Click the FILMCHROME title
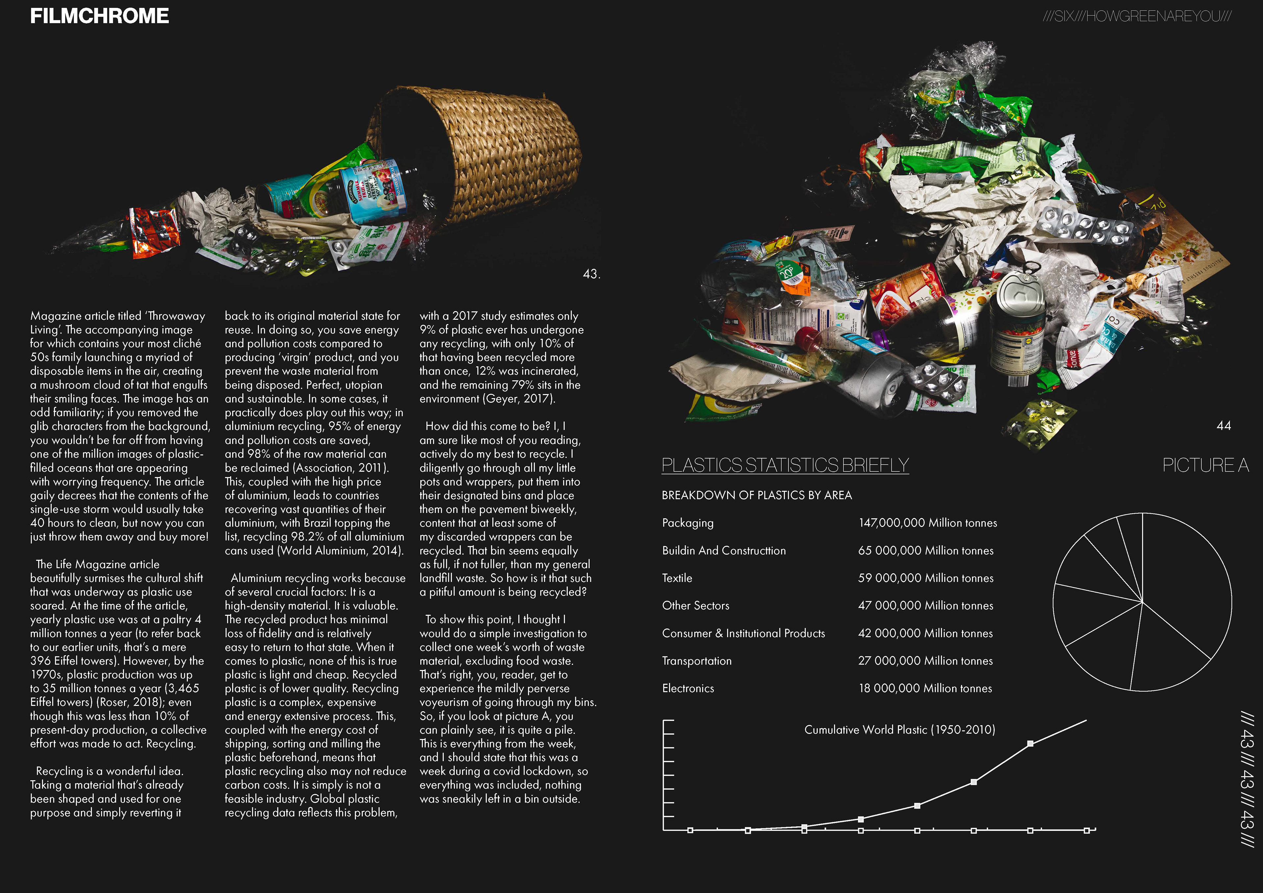coord(99,16)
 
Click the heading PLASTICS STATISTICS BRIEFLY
coord(785,465)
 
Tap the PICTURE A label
coord(1205,465)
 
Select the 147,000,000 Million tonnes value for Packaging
coord(928,523)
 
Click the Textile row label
coord(677,578)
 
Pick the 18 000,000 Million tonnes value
coord(925,688)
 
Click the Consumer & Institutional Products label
coord(743,633)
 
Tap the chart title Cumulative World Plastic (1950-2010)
coord(899,730)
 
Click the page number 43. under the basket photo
coord(591,274)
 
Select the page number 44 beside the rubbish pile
coord(1224,425)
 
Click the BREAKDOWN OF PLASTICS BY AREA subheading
coord(756,495)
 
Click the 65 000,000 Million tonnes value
coord(926,550)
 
